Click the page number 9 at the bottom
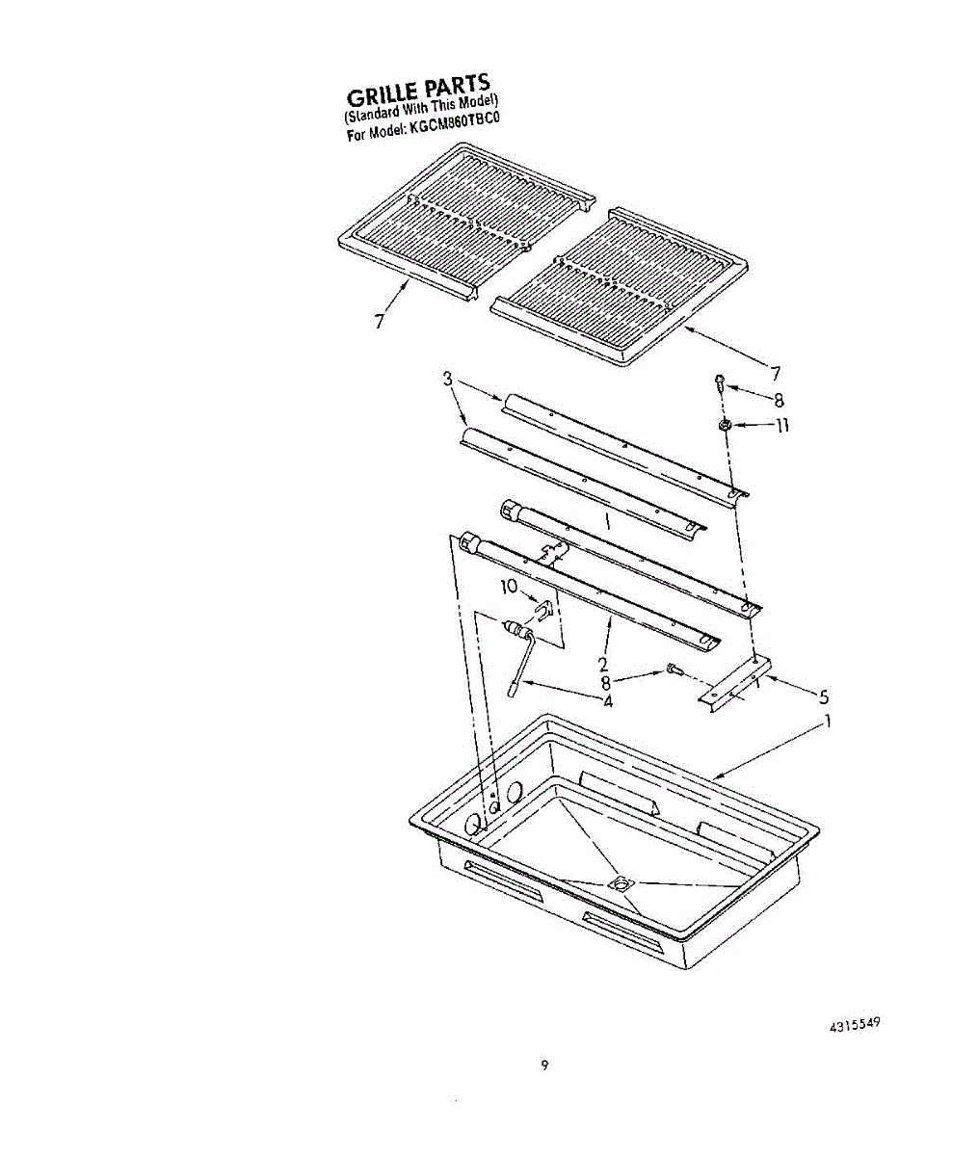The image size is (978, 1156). click(544, 1064)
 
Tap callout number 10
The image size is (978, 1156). click(509, 586)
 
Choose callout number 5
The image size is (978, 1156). click(823, 696)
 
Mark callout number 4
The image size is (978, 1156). click(608, 700)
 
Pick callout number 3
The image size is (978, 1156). click(447, 379)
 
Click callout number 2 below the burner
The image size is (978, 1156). click(602, 664)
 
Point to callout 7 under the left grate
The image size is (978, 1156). click(379, 322)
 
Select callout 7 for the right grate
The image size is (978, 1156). click(775, 373)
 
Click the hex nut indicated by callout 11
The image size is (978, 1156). click(724, 425)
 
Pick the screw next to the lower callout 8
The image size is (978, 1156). click(673, 669)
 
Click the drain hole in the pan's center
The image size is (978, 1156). click(619, 881)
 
